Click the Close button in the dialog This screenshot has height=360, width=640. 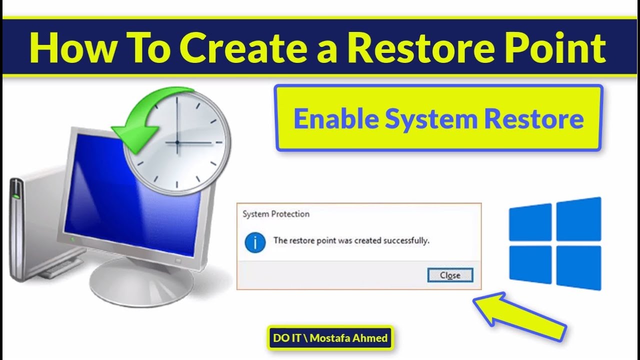tap(450, 275)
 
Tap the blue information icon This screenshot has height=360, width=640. tap(255, 242)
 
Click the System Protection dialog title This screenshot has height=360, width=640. tap(275, 214)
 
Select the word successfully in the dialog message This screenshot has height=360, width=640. tap(406, 240)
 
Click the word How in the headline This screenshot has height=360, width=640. tap(72, 47)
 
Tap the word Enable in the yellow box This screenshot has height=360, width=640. tap(336, 118)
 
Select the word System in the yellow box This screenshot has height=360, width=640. tap(431, 120)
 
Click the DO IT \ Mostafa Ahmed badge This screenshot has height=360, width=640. tap(330, 338)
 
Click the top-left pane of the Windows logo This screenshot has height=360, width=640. tap(530, 222)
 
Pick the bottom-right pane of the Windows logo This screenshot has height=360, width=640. tap(579, 267)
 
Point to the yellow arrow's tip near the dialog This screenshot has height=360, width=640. tap(473, 299)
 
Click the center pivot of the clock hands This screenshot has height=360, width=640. tap(177, 142)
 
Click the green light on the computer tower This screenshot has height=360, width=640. tap(16, 196)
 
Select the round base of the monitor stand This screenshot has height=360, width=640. tap(141, 283)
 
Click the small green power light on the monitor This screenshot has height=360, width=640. tap(72, 239)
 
